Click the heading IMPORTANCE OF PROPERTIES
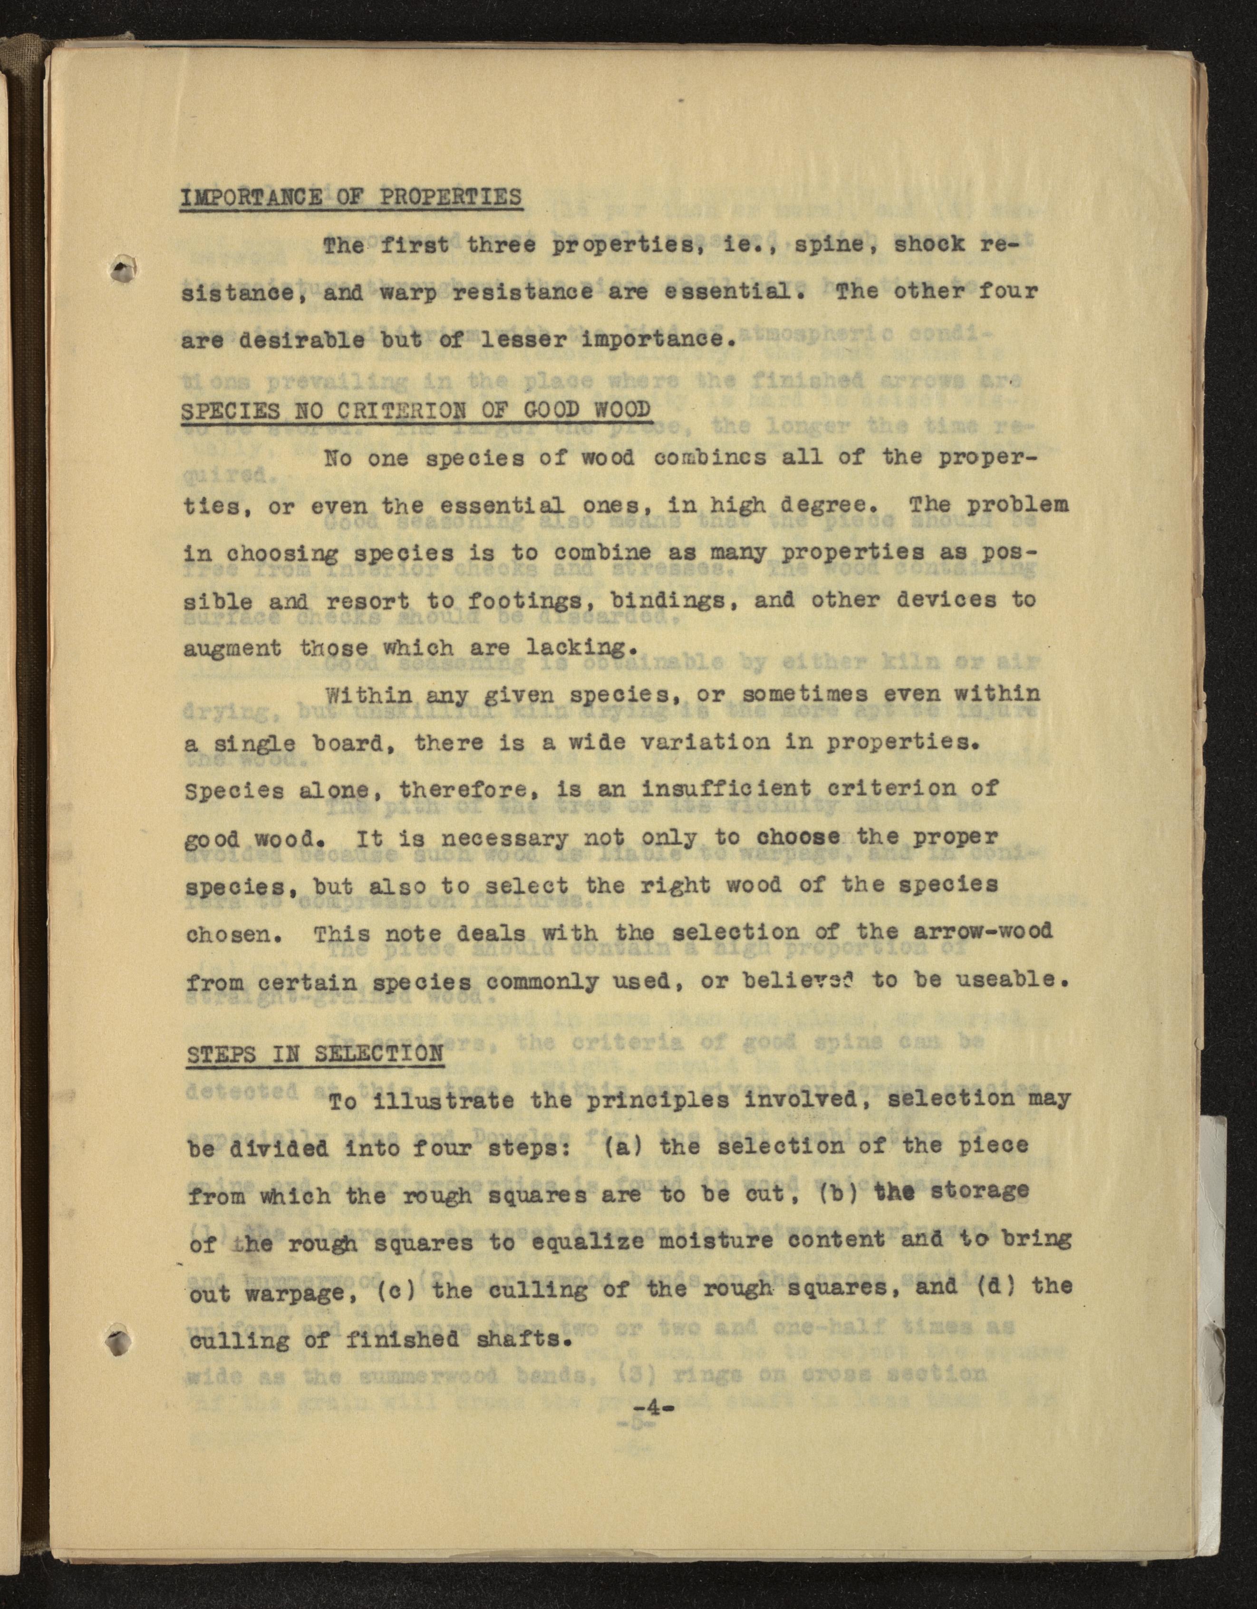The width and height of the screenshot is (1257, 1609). tap(351, 197)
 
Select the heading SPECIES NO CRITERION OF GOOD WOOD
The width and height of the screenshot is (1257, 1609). tap(416, 410)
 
